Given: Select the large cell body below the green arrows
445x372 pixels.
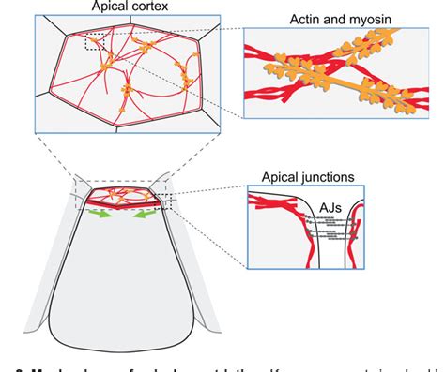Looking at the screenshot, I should point(119,281).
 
